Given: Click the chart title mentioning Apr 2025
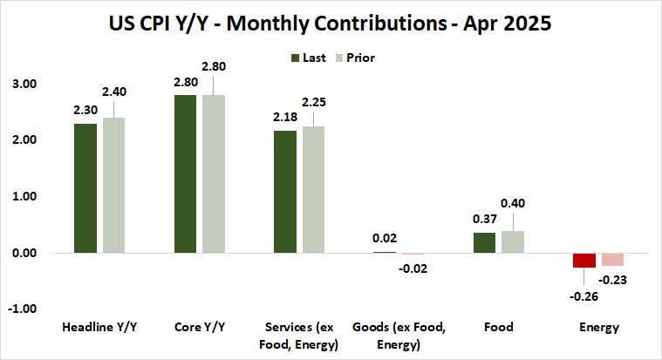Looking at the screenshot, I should (331, 23).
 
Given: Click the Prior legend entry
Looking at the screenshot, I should (356, 58).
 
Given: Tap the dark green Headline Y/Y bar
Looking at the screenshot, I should (85, 188).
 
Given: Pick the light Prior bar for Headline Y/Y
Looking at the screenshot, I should (113, 185).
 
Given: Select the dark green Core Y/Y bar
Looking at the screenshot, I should (187, 173).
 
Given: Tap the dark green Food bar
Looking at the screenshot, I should (484, 242).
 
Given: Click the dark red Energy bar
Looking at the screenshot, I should (584, 260).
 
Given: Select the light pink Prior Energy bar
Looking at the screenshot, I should (612, 259).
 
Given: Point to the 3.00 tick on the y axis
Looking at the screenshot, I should (23, 84).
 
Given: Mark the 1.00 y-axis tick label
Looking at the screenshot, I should (23, 196).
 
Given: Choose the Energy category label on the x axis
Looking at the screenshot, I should (598, 328).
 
